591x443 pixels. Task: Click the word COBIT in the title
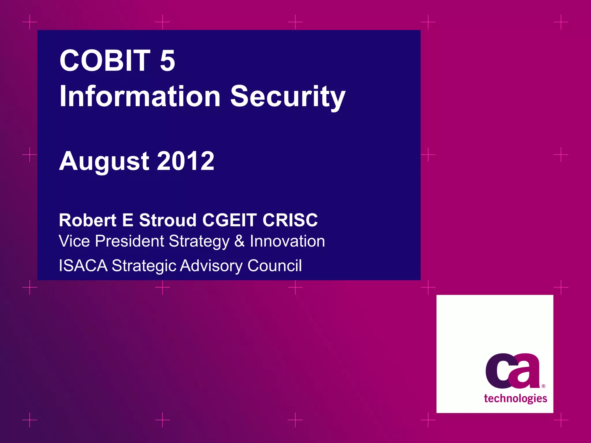(x=105, y=61)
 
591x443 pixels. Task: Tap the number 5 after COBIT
(x=167, y=61)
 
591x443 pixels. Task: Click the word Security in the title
(x=288, y=97)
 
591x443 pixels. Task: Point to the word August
(x=104, y=162)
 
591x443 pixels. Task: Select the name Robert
(x=87, y=220)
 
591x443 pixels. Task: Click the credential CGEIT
(x=229, y=220)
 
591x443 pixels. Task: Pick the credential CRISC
(x=290, y=220)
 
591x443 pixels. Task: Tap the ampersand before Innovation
(x=240, y=241)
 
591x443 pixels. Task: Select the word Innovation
(x=287, y=241)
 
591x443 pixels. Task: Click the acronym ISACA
(x=83, y=266)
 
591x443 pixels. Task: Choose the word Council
(x=274, y=266)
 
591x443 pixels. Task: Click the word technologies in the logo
(x=515, y=399)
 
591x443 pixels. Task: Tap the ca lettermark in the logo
(x=513, y=371)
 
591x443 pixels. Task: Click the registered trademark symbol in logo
(x=543, y=386)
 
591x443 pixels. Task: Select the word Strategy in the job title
(x=199, y=242)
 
